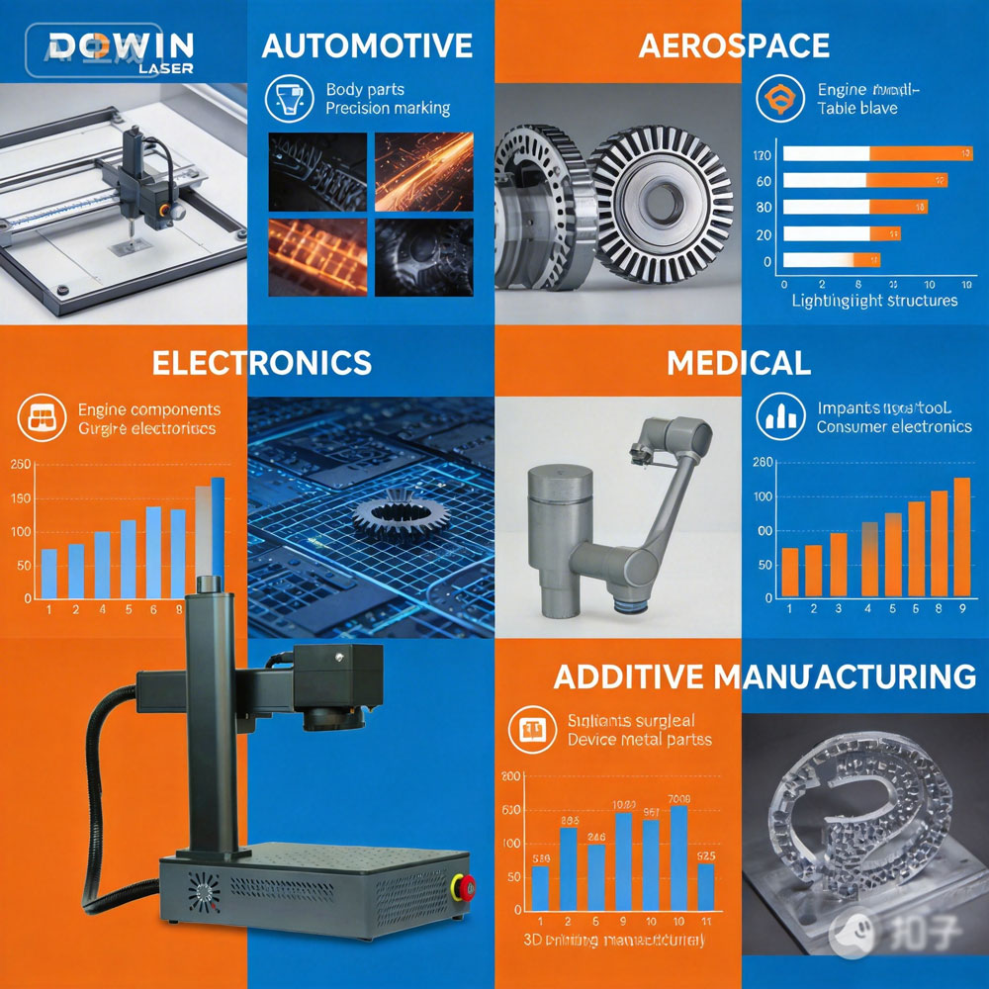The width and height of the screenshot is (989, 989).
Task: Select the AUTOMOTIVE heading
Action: tap(367, 45)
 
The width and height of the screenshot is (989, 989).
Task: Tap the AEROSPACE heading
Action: tap(734, 45)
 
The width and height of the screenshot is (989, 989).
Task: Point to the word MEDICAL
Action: tap(738, 363)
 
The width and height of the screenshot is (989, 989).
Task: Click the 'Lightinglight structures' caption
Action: tap(874, 301)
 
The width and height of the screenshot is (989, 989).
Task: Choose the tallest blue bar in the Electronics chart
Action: tap(218, 537)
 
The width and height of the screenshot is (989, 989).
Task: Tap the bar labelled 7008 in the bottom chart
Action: tap(678, 856)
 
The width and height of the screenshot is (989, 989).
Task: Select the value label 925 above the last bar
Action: tap(705, 855)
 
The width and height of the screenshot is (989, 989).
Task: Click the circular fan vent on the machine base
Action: tap(204, 894)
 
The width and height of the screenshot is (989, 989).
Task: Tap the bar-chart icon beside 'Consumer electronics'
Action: tap(780, 416)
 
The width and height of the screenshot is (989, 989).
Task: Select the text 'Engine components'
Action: tap(149, 409)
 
